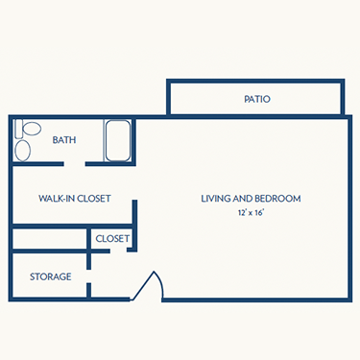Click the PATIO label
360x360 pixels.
(256, 99)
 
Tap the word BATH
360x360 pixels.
(64, 139)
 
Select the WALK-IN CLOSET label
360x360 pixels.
(75, 199)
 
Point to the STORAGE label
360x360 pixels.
(51, 276)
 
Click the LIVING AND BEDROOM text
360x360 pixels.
(251, 199)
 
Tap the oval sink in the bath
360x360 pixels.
(24, 150)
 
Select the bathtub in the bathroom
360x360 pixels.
(118, 141)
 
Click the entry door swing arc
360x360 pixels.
(151, 285)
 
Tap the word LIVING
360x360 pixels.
(217, 199)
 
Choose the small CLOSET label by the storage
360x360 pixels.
(111, 238)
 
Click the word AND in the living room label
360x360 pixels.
(245, 199)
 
